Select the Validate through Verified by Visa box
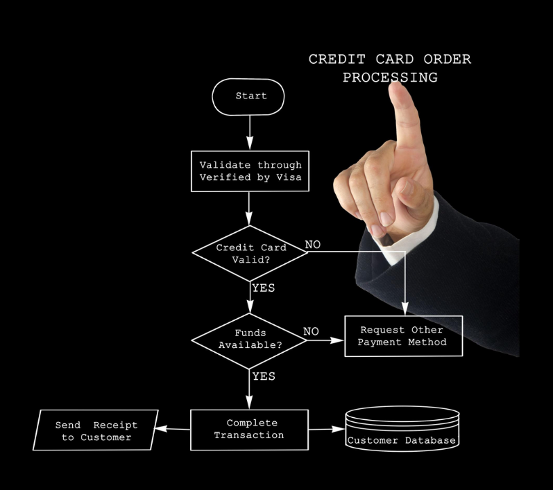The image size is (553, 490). tap(250, 170)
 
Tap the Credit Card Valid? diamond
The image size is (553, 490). tap(250, 253)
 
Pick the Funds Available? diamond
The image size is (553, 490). tap(250, 339)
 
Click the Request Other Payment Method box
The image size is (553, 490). tap(403, 336)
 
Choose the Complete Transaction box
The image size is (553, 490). tap(249, 429)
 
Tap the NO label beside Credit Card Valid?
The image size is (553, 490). tap(313, 245)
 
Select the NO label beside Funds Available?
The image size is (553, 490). tap(311, 331)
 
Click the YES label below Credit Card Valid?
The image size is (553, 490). tap(264, 288)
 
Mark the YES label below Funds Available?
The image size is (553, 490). tap(264, 376)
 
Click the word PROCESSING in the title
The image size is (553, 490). tap(390, 78)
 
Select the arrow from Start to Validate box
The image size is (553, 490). tap(250, 132)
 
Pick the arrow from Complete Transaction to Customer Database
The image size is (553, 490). tap(326, 430)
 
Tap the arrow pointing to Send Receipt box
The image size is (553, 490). tap(173, 429)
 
